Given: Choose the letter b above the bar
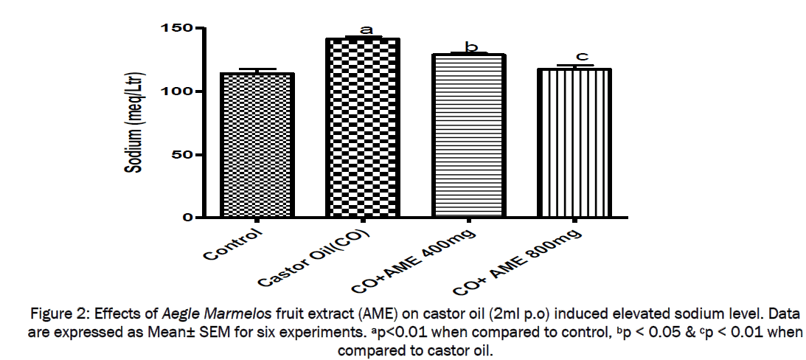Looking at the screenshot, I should (470, 47).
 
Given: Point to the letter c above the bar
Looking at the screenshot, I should (581, 56).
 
